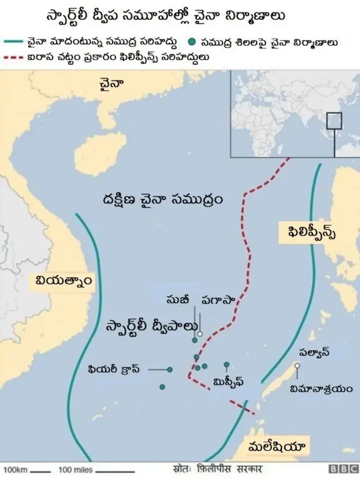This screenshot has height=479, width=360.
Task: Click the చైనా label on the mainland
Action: point(111,84)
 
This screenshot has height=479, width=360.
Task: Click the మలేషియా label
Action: point(276,448)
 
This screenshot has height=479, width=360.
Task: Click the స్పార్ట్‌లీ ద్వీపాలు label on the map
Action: point(152,327)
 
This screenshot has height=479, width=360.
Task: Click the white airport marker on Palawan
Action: point(297,366)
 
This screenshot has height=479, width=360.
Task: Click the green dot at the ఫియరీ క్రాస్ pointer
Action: point(169,369)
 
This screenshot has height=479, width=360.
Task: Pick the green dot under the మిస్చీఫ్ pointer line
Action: point(227,364)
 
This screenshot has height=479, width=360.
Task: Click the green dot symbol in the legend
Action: point(193,41)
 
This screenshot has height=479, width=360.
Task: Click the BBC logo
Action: point(343,469)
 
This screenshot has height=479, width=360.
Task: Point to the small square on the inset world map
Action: point(335,120)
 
